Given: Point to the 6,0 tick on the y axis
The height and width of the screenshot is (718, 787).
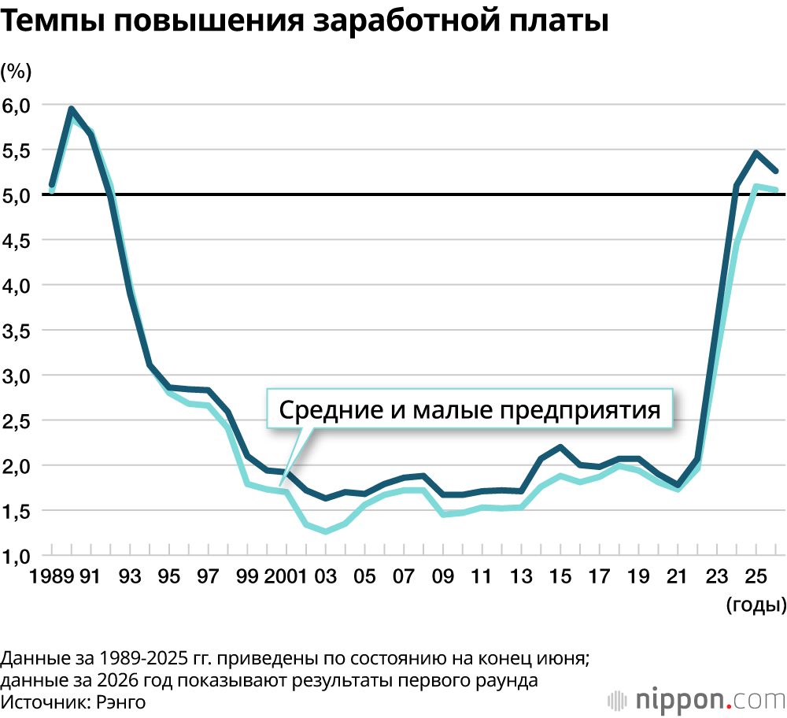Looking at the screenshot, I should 17,105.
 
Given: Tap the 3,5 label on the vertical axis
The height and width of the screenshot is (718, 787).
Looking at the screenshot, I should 17,331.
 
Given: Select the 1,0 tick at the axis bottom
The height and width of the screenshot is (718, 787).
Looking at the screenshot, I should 17,556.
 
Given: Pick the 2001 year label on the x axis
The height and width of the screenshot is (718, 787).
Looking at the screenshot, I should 286,577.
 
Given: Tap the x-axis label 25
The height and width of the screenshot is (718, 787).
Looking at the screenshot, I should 756,577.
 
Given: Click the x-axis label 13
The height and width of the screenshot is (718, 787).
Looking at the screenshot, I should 521,577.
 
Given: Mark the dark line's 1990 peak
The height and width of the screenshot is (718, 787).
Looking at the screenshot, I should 72,109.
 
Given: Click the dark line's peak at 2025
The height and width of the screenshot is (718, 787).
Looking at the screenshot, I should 756,153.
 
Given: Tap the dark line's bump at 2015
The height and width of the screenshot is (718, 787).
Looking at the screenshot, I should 560,447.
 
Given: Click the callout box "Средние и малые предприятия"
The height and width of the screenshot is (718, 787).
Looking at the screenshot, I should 470,409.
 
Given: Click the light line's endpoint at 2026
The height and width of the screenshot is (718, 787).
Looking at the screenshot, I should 776,190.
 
